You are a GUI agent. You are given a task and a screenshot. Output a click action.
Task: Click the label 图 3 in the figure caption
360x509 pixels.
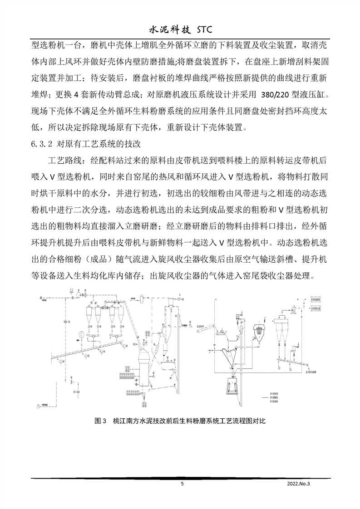click(100, 421)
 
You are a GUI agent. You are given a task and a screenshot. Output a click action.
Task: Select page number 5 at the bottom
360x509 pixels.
click(182, 484)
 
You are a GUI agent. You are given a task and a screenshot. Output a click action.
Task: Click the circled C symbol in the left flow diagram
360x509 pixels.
click(80, 335)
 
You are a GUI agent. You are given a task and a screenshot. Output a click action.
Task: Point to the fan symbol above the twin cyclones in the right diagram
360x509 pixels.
click(293, 310)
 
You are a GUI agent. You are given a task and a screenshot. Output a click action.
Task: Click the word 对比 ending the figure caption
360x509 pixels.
click(258, 421)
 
